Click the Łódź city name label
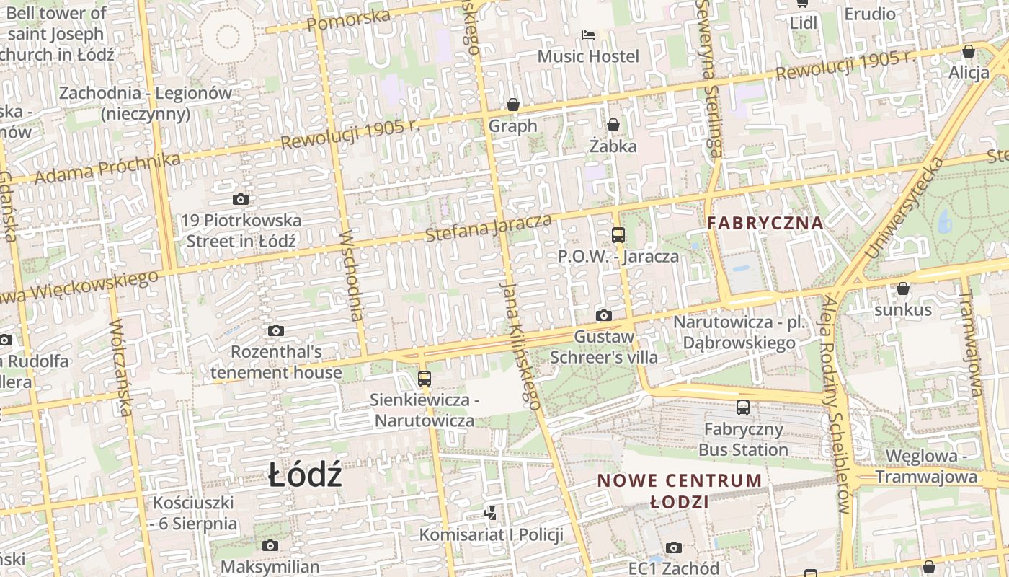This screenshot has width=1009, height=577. click(305, 476)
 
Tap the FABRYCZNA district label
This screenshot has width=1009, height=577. click(765, 223)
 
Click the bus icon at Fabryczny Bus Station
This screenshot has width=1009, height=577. click(743, 408)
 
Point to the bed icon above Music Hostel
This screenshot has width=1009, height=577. click(588, 35)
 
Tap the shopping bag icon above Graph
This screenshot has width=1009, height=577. click(513, 105)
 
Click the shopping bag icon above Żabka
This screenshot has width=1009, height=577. click(613, 125)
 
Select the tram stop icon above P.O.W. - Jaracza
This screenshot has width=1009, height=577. click(618, 234)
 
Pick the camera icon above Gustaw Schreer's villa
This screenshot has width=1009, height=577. click(604, 315)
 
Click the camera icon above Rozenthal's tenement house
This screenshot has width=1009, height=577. click(275, 331)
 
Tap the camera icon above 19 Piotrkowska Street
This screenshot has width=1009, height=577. click(241, 200)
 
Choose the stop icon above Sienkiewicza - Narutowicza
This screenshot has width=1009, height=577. click(425, 378)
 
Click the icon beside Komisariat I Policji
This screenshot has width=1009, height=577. click(491, 514)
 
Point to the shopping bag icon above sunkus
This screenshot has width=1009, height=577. click(902, 289)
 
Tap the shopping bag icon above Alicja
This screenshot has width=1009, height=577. click(969, 51)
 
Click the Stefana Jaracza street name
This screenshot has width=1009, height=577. click(489, 228)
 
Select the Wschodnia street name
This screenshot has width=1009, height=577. click(351, 275)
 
